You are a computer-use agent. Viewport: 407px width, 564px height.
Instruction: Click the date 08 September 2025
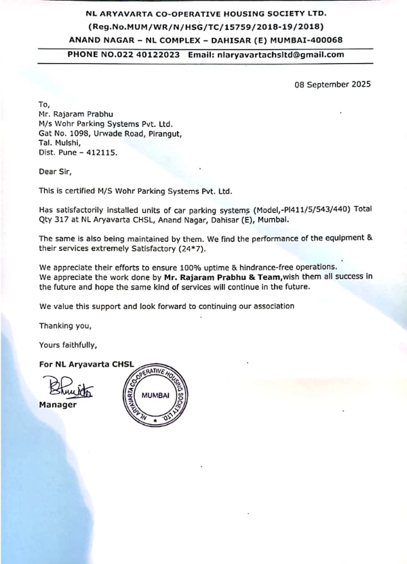pos(332,85)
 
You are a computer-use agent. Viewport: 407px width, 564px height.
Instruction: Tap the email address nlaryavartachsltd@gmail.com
pos(286,54)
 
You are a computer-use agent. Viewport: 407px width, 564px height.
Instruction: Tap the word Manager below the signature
pos(58,405)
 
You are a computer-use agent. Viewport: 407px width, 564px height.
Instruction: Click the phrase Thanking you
pos(64,325)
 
